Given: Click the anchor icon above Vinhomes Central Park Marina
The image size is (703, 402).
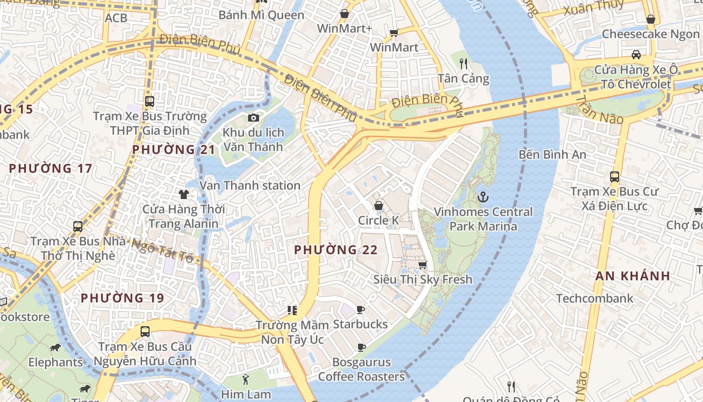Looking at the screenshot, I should pyautogui.click(x=483, y=197).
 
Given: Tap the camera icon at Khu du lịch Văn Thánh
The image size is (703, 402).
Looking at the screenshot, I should pyautogui.click(x=254, y=118).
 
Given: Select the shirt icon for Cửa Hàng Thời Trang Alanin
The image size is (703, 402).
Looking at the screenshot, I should pyautogui.click(x=183, y=194).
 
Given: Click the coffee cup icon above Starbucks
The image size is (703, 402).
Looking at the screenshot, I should pyautogui.click(x=360, y=310).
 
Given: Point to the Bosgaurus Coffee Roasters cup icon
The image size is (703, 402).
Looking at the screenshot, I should pyautogui.click(x=361, y=347).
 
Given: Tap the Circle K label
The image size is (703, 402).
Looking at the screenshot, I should pyautogui.click(x=378, y=220).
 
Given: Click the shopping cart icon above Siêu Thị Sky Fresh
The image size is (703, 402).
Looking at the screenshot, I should pyautogui.click(x=423, y=265).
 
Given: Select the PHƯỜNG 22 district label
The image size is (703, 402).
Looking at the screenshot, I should pyautogui.click(x=335, y=250).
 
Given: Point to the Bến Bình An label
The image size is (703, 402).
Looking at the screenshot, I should pyautogui.click(x=552, y=154).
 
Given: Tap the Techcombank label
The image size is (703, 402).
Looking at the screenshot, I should pyautogui.click(x=595, y=298).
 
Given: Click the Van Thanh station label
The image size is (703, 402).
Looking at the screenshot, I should pyautogui.click(x=250, y=185).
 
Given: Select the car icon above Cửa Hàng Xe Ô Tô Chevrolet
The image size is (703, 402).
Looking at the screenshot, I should pyautogui.click(x=636, y=55).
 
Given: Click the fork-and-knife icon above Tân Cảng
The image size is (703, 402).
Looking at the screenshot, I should pyautogui.click(x=463, y=64).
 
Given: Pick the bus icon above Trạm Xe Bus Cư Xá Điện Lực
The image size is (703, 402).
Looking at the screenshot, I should pyautogui.click(x=614, y=177).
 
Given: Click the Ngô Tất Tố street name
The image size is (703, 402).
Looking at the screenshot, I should pyautogui.click(x=159, y=250).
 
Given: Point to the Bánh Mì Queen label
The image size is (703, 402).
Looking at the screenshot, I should pyautogui.click(x=261, y=15).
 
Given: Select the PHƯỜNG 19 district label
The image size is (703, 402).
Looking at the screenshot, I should pyautogui.click(x=123, y=298).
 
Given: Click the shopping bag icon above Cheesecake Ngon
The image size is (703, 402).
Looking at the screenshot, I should pyautogui.click(x=650, y=19).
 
